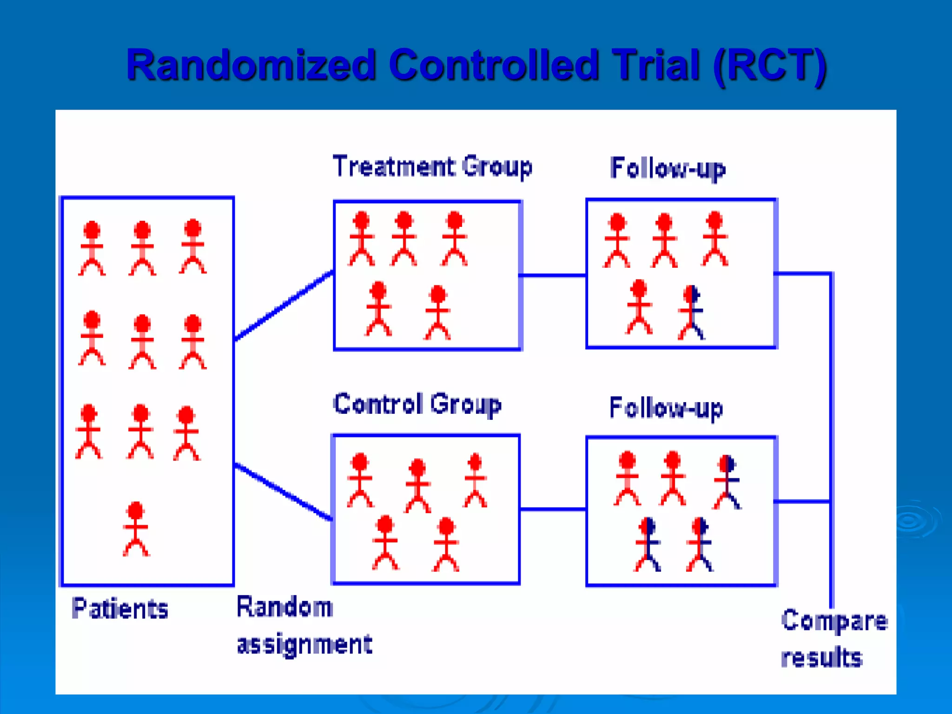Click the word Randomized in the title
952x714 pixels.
tap(251, 65)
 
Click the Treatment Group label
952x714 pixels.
tap(432, 166)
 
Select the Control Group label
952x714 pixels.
tap(417, 404)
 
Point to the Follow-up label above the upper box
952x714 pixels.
tap(668, 168)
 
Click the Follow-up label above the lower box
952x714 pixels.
tap(666, 408)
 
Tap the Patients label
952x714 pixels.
tap(120, 608)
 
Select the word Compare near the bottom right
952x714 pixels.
tap(834, 621)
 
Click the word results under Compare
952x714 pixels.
tap(821, 657)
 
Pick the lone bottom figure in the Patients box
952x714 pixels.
tap(136, 529)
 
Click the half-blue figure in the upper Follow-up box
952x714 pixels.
tap(692, 312)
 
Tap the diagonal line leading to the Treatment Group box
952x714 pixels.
tap(284, 306)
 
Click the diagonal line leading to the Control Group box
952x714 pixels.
tap(284, 492)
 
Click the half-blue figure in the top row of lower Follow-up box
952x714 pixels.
tap(727, 482)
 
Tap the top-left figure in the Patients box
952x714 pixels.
tap(92, 248)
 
